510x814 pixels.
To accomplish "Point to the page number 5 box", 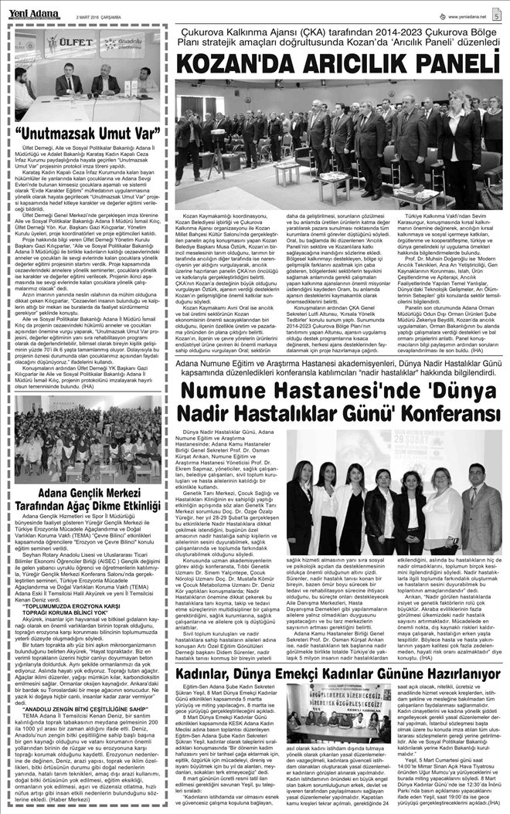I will (x=494, y=13).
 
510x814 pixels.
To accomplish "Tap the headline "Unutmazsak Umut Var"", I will (x=87, y=132).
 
